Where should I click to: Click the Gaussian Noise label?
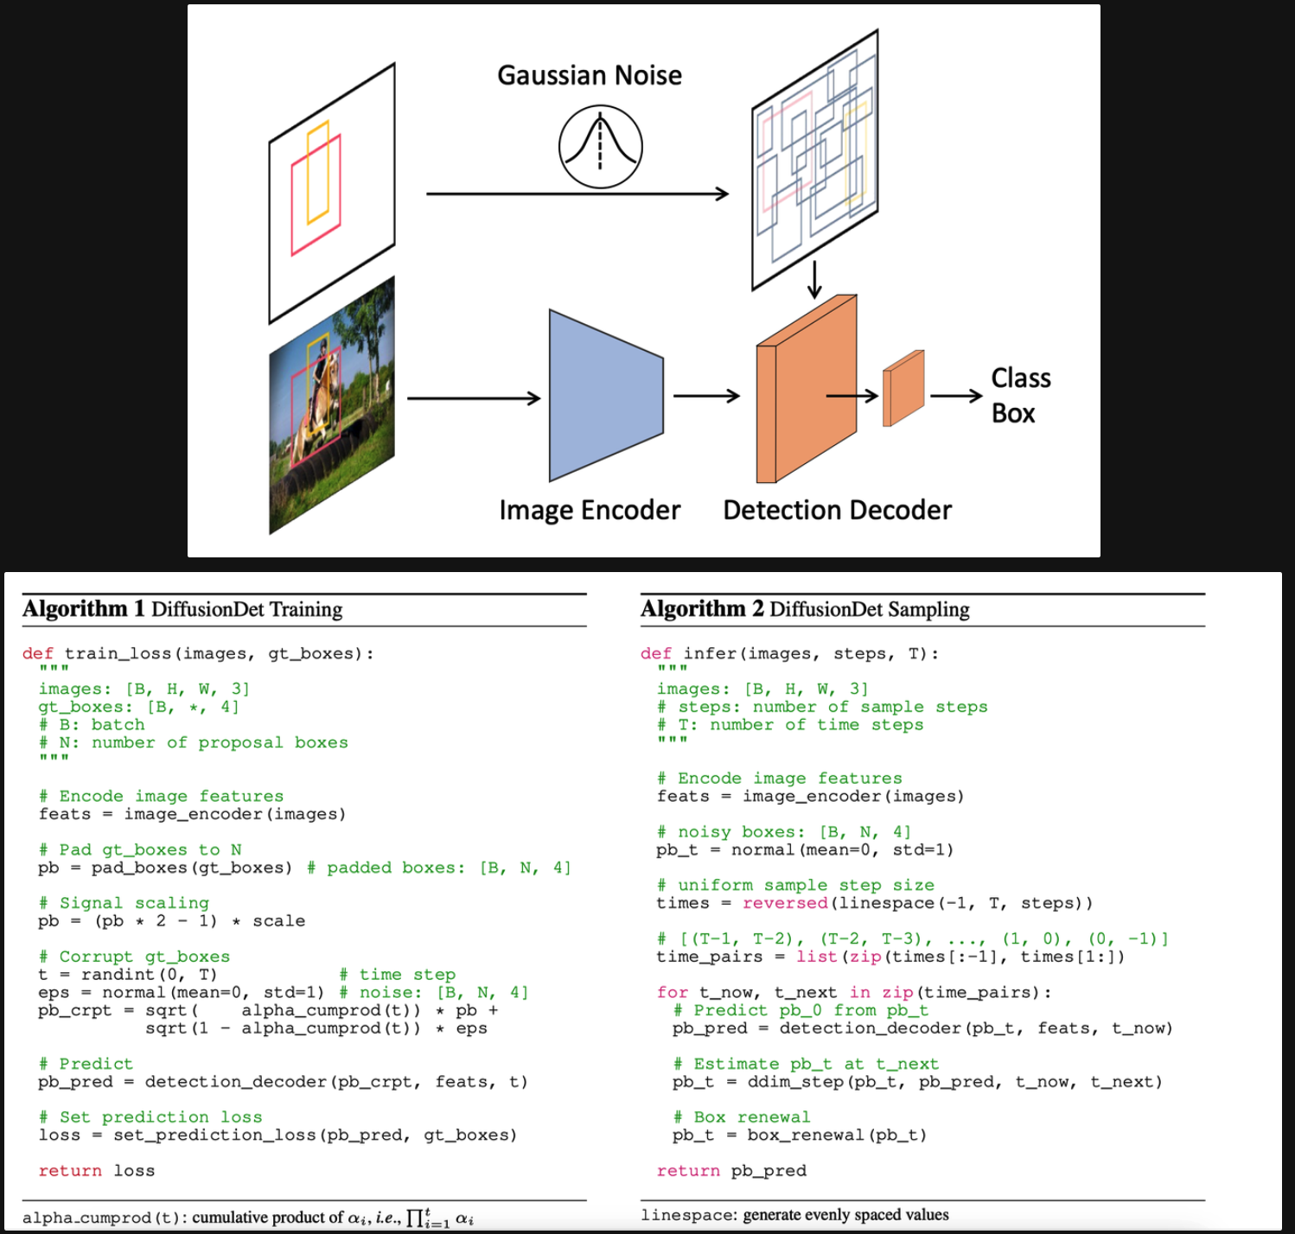pyautogui.click(x=590, y=76)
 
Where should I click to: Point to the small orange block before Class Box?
pyautogui.click(x=903, y=389)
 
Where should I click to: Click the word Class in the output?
pyautogui.click(x=1021, y=378)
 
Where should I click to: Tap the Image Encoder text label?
pyautogui.click(x=590, y=511)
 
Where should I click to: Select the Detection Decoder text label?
pyautogui.click(x=837, y=511)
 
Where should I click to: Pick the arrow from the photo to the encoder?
pyautogui.click(x=474, y=398)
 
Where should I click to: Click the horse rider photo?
pyautogui.click(x=332, y=404)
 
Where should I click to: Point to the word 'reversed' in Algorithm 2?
pyautogui.click(x=785, y=903)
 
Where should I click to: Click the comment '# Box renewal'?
pyautogui.click(x=742, y=1117)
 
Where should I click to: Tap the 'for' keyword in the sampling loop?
pyautogui.click(x=672, y=993)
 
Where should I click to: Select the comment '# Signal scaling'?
pyautogui.click(x=124, y=903)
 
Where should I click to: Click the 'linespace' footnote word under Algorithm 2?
pyautogui.click(x=687, y=1216)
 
